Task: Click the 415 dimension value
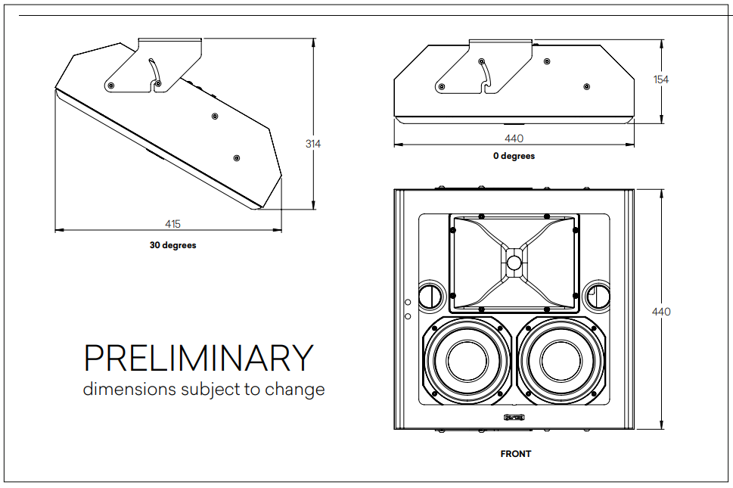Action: pos(172,224)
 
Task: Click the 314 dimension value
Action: pos(312,144)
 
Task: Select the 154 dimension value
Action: pos(661,79)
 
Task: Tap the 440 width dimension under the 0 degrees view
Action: pos(514,138)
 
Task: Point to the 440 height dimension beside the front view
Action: pos(661,312)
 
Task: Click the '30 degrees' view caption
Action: pos(172,245)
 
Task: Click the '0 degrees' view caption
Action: pos(514,156)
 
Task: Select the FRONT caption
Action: pos(515,454)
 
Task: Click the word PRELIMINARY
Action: pos(198,358)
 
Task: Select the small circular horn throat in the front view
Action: pos(514,263)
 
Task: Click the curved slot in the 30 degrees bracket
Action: pos(155,73)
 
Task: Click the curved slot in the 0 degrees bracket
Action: pos(486,74)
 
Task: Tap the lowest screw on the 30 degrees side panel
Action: pos(237,157)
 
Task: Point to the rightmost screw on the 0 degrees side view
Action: pos(585,85)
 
